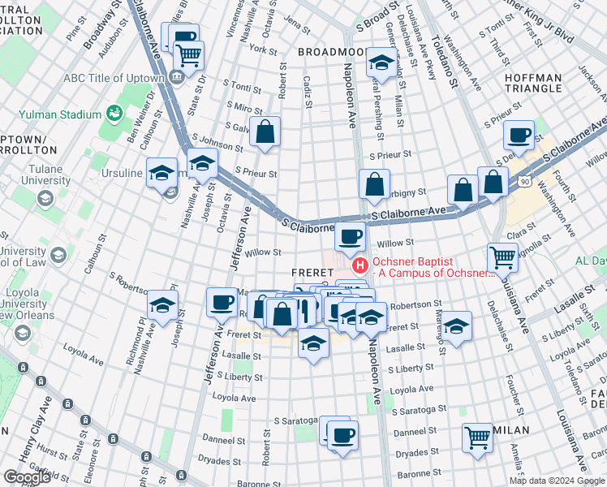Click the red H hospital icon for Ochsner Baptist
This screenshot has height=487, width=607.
click(358, 265)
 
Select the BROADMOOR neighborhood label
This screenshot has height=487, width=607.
click(330, 51)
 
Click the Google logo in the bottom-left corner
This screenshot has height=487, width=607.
click(27, 477)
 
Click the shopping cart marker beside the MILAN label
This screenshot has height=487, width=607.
click(477, 437)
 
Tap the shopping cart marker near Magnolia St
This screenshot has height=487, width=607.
click(502, 256)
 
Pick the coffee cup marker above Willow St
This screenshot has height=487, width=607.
click(350, 236)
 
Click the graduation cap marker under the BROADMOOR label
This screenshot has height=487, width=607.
click(380, 61)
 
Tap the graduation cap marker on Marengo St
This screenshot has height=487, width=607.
click(457, 326)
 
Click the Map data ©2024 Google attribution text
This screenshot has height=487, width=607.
click(557, 481)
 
